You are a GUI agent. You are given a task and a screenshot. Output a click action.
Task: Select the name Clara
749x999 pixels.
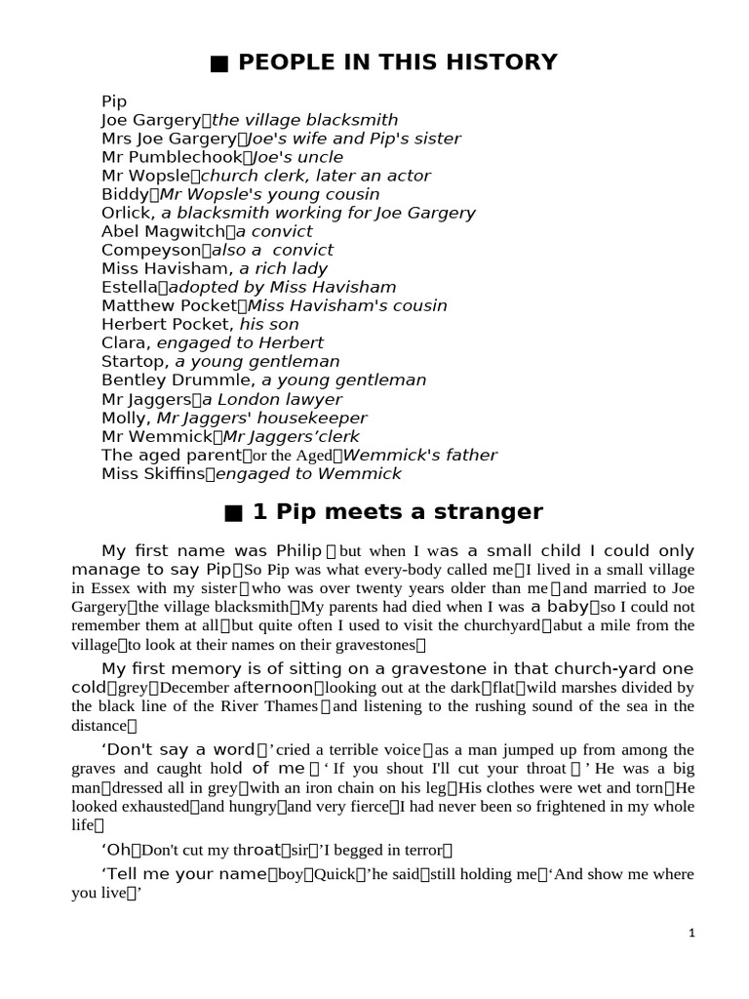pos(124,342)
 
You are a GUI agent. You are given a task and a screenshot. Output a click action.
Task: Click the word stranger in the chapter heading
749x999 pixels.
pos(489,512)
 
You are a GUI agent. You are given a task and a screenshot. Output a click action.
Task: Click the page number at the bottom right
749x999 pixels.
pos(691,933)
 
